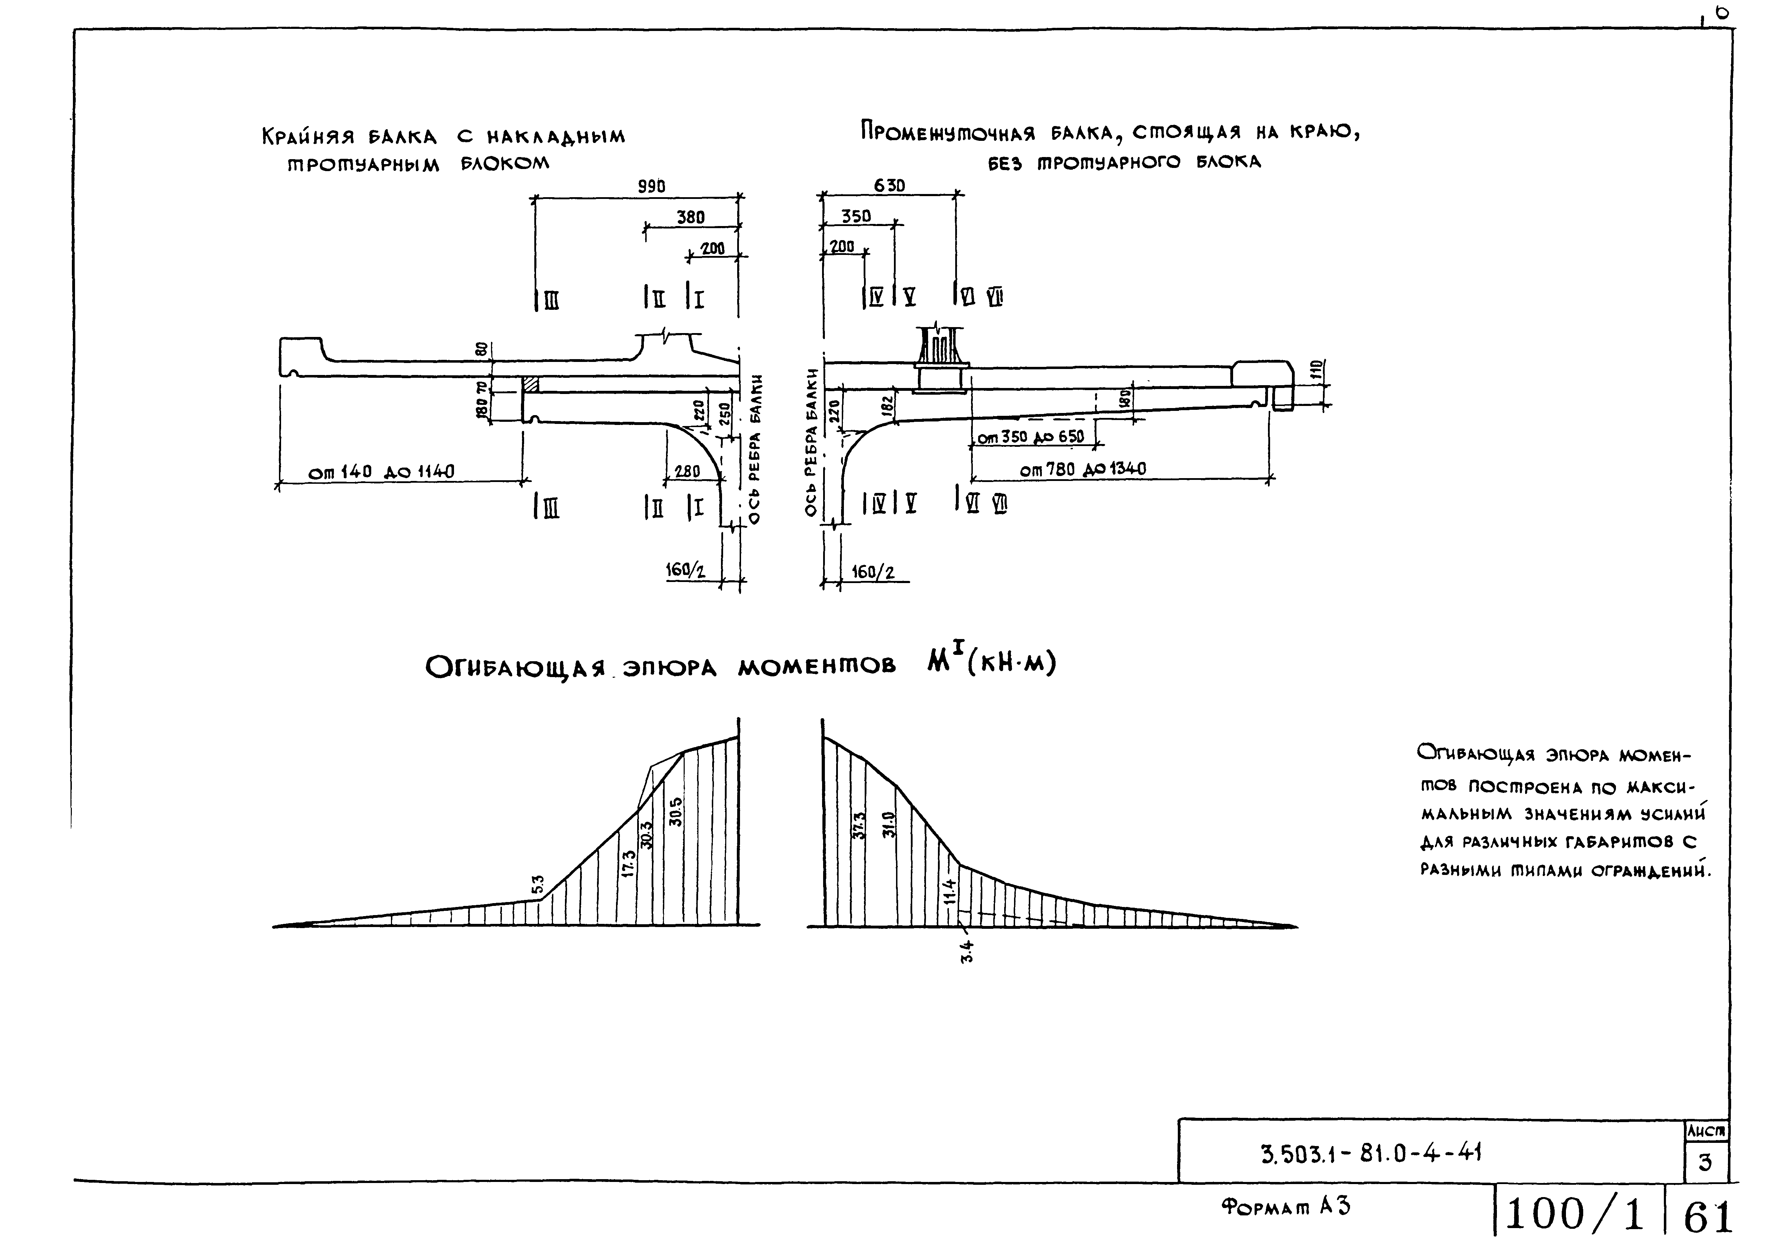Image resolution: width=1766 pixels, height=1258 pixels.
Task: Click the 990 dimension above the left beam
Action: (x=651, y=187)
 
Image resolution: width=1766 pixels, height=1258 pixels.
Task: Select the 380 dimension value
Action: (x=690, y=218)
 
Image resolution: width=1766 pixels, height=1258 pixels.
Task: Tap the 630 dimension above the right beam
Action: (x=889, y=186)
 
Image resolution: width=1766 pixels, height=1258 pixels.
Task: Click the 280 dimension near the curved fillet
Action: (x=686, y=471)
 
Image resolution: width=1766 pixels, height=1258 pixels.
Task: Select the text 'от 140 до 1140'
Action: (x=381, y=472)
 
